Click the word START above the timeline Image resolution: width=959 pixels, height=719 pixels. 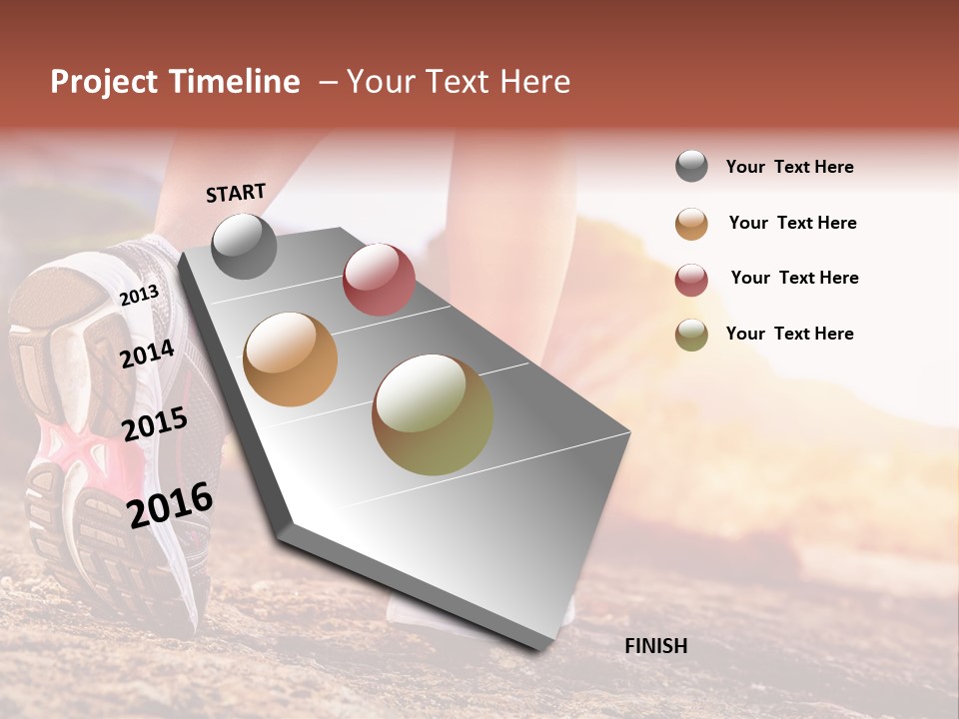[236, 193]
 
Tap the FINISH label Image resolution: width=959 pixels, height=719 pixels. [656, 646]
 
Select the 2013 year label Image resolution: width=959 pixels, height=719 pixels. [139, 295]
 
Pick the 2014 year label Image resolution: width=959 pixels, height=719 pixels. [147, 354]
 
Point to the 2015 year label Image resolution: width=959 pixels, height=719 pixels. [155, 424]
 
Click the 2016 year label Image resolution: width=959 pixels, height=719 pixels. [170, 504]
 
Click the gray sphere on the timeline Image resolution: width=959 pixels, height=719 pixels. [244, 246]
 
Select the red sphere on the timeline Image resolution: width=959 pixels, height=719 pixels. [379, 280]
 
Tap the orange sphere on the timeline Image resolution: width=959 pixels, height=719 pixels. [291, 359]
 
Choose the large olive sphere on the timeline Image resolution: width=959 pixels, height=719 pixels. [433, 414]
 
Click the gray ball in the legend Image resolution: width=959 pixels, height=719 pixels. [691, 167]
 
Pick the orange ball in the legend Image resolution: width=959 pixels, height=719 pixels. [691, 224]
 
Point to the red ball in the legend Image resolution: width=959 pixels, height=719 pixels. [691, 280]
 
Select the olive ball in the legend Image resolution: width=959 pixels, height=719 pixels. [691, 335]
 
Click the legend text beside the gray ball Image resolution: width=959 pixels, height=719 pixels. [789, 167]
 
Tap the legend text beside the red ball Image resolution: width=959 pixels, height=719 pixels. [794, 278]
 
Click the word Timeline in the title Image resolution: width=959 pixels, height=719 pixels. [236, 82]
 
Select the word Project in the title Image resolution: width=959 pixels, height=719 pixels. [104, 82]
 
